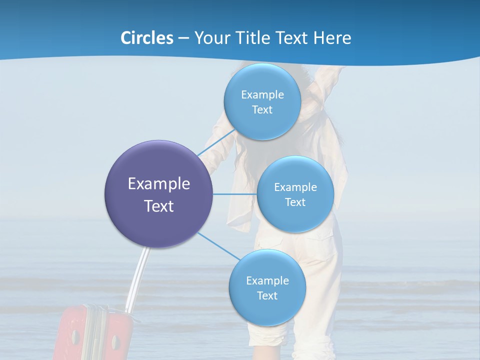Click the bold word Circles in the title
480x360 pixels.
tap(146, 38)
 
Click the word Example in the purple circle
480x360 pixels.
tap(159, 184)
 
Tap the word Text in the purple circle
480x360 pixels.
tap(159, 206)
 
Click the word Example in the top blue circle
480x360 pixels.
tap(262, 95)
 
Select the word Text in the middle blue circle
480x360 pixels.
tap(295, 202)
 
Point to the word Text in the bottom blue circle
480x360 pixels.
tap(267, 296)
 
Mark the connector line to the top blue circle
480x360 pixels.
tap(216, 142)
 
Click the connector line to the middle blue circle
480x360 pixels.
tap(235, 194)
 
